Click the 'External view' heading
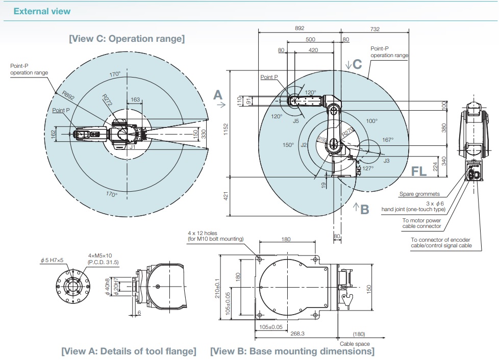42,11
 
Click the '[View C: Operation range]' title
127,38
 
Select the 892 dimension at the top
300,29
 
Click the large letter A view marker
218,95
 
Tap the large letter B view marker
364,209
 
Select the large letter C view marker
357,64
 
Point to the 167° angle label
388,140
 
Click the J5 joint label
296,121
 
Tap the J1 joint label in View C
132,147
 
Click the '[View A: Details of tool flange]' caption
129,351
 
